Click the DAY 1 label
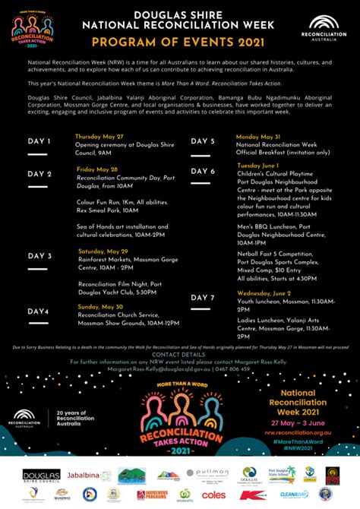pyautogui.click(x=39, y=141)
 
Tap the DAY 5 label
pyautogui.click(x=203, y=141)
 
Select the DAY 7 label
pyautogui.click(x=203, y=297)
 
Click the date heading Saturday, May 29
pyautogui.click(x=103, y=251)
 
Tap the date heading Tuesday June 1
pyautogui.click(x=259, y=165)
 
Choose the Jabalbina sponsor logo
pyautogui.click(x=84, y=475)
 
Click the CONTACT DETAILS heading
pyautogui.click(x=178, y=355)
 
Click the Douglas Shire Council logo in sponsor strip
pyautogui.click(x=41, y=475)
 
